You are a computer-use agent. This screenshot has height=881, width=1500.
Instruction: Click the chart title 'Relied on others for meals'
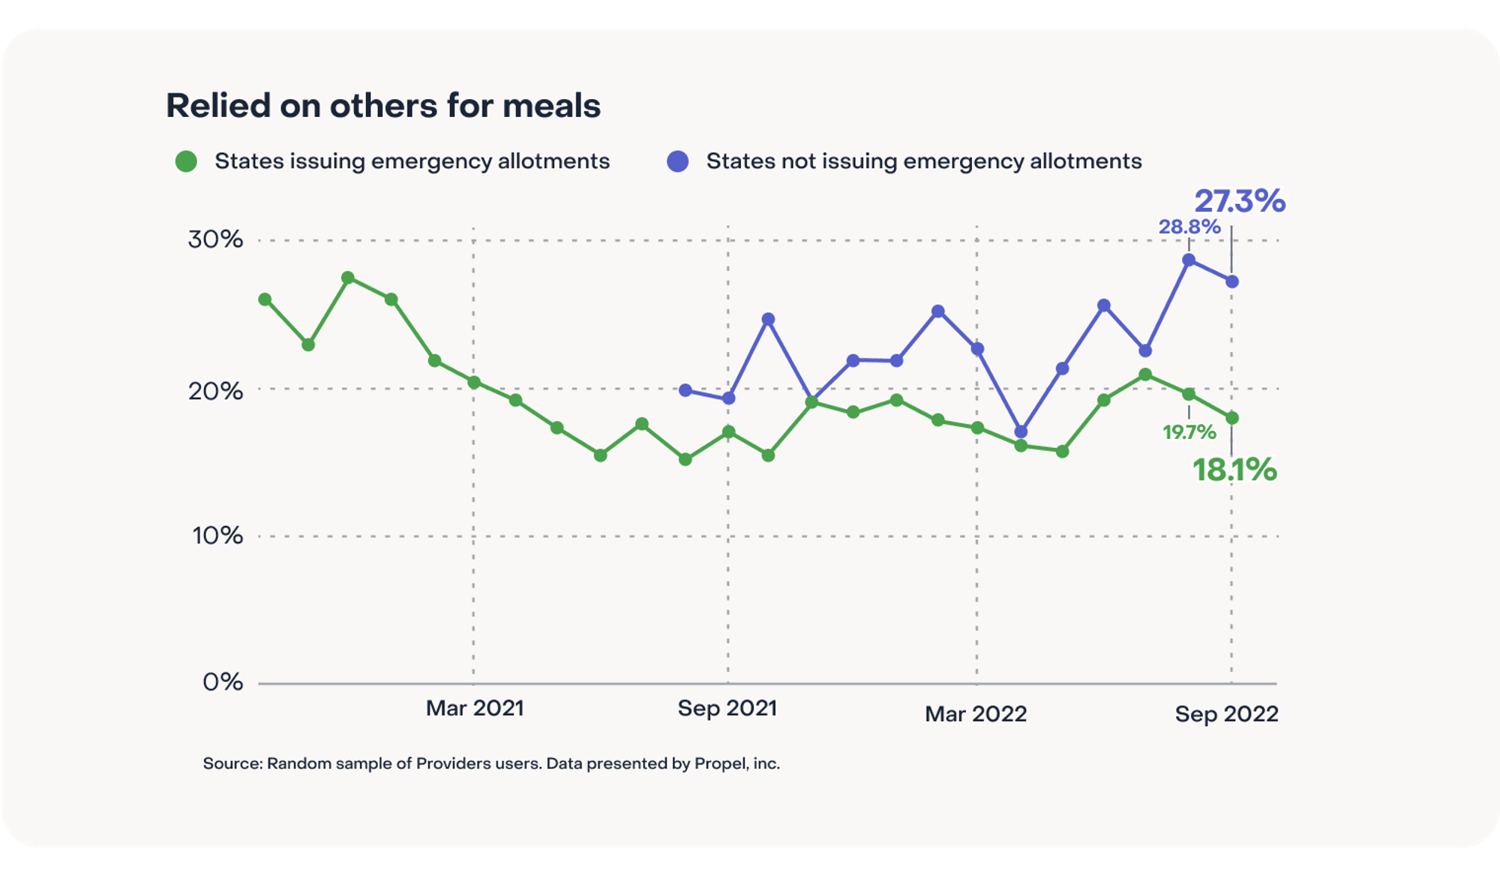(383, 106)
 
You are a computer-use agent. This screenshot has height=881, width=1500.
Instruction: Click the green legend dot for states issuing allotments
(186, 161)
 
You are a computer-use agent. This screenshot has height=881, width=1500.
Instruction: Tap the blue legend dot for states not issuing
(678, 161)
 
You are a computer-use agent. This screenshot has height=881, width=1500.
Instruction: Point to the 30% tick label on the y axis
(215, 239)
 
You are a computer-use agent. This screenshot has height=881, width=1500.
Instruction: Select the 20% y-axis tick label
(215, 391)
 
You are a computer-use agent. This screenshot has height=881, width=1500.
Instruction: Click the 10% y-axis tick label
(217, 536)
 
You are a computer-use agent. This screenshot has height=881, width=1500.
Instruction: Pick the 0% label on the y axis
(223, 681)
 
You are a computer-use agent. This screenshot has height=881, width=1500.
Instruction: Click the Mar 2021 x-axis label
(475, 708)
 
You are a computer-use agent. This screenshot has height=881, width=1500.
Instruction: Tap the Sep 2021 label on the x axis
(727, 708)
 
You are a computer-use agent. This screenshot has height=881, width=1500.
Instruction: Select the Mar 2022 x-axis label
(976, 714)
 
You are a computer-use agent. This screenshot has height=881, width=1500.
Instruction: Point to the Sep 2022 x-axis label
(1226, 714)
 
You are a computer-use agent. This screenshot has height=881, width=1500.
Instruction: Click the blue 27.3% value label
(1240, 201)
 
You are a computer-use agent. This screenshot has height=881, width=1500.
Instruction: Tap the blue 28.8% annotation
(1189, 227)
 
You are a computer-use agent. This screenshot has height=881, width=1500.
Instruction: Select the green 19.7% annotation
(1189, 432)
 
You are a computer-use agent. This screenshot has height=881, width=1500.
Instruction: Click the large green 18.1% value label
(1234, 470)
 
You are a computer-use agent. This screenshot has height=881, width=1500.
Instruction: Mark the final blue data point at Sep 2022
(1232, 281)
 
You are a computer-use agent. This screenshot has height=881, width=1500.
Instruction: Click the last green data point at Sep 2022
(1232, 418)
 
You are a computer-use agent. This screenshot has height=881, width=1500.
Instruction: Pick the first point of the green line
(265, 299)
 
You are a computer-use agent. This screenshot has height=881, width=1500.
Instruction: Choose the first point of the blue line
(685, 390)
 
